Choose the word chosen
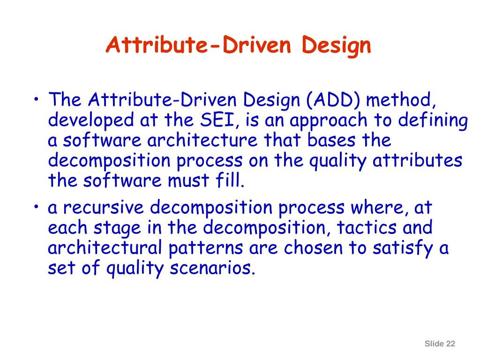(x=314, y=248)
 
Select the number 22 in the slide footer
(x=450, y=344)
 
